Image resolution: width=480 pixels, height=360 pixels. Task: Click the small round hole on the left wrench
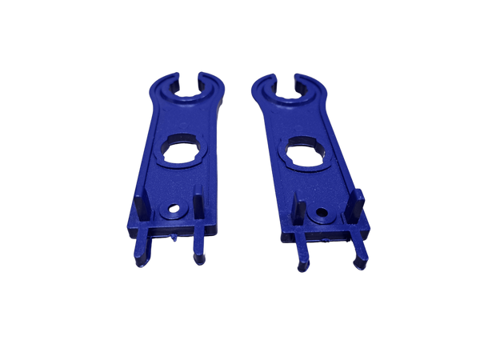[x=170, y=211]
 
